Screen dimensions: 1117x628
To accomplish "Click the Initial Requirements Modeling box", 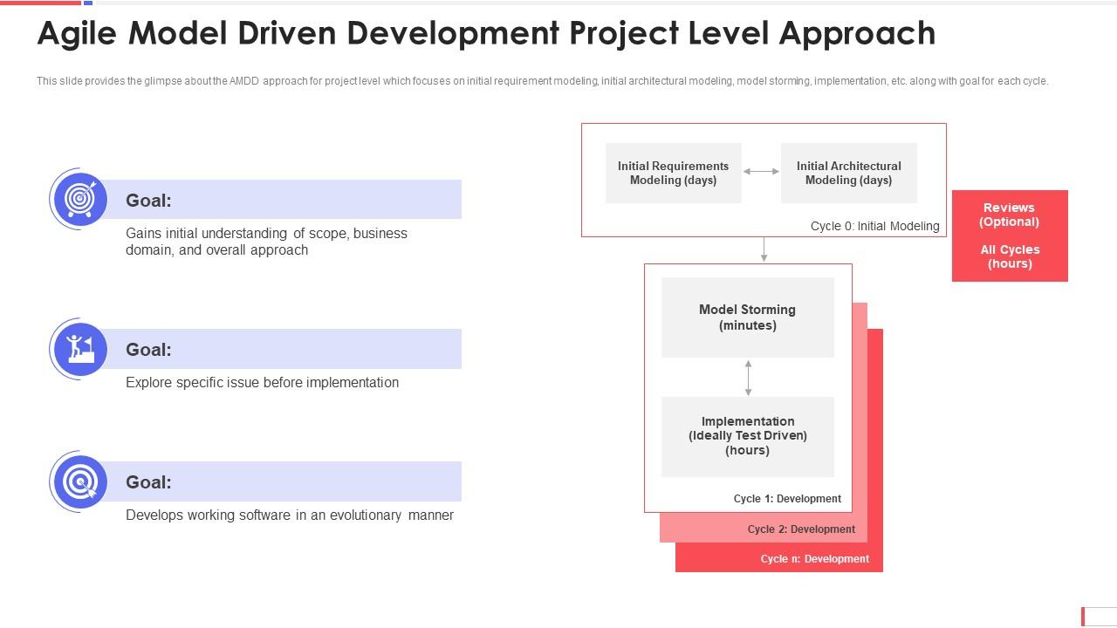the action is [x=673, y=173].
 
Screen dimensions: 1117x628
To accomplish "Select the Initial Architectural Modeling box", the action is [x=849, y=173].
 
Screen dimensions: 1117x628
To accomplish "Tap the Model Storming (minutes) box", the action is [x=748, y=317].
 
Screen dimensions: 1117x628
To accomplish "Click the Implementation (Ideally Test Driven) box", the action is [x=748, y=437].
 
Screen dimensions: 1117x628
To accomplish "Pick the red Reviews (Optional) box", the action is [x=1010, y=235].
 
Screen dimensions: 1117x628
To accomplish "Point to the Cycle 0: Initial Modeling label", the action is [x=874, y=226].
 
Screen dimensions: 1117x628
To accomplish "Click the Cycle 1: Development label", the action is [x=787, y=499].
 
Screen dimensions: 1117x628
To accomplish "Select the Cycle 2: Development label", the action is [x=801, y=529].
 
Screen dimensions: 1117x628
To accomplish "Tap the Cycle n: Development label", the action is [x=814, y=559].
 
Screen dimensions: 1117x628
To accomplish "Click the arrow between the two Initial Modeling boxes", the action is [x=761, y=172].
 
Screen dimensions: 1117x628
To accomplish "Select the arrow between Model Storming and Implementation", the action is [x=748, y=378].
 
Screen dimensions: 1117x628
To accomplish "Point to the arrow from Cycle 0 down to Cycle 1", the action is [x=764, y=249].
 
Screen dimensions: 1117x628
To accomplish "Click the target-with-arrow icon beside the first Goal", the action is [x=80, y=199].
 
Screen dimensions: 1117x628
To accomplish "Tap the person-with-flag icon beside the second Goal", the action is [x=80, y=349].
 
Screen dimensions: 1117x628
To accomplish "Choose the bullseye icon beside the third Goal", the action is [x=80, y=482].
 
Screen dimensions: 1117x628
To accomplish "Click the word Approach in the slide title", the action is [x=857, y=34].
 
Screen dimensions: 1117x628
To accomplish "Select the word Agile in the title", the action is [x=77, y=34].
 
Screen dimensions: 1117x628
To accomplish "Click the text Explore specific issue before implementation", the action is [x=263, y=383].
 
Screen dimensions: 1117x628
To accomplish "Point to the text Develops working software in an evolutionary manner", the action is [x=289, y=515].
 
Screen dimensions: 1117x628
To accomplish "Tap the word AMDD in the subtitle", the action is [x=243, y=81].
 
